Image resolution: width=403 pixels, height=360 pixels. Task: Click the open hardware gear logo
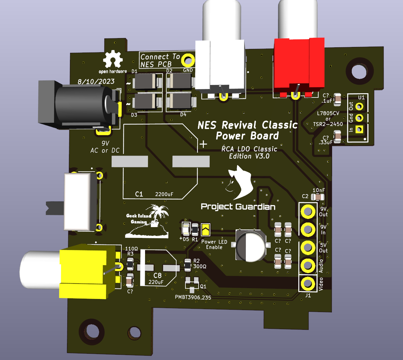coord(113,59)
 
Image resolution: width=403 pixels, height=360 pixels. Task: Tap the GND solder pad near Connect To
coord(188,60)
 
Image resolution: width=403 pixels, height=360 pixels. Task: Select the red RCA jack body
coord(299,67)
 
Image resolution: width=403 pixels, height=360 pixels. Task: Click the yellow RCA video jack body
coord(88,271)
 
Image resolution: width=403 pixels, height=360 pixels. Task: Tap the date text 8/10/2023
coord(96,81)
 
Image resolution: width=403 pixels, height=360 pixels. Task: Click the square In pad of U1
coord(359,130)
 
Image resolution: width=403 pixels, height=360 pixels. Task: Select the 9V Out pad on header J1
coord(308,211)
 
